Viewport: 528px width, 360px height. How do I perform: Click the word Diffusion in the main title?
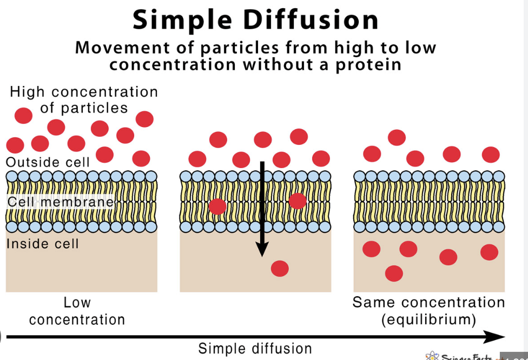click(311, 20)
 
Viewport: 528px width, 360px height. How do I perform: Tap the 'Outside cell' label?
click(48, 162)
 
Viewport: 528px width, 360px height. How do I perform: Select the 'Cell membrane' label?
click(61, 202)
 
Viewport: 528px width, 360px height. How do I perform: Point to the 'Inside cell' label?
click(43, 244)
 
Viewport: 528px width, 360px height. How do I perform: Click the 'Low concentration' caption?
click(77, 311)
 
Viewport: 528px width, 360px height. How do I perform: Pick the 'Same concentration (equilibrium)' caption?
click(428, 311)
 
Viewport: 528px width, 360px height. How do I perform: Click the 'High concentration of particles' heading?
click(84, 99)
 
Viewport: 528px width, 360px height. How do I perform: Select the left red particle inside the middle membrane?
click(217, 206)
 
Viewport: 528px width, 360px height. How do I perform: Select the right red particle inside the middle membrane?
click(298, 201)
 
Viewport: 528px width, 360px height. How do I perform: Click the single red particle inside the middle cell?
click(280, 268)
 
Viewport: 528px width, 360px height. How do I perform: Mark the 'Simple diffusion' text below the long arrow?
click(255, 349)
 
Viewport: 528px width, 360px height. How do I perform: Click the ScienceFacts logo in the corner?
click(460, 356)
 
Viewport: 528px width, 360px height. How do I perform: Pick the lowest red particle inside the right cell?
click(394, 274)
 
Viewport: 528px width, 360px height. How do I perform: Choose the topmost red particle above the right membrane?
click(397, 137)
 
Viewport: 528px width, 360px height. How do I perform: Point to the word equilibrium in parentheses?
click(428, 319)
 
